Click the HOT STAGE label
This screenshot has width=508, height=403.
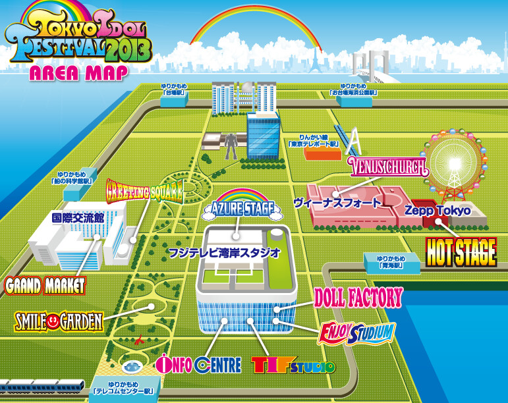[461, 252]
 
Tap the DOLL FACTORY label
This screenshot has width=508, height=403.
[357, 298]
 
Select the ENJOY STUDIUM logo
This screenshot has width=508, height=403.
[356, 332]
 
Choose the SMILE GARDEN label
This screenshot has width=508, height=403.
[59, 321]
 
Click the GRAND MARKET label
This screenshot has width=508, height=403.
[45, 286]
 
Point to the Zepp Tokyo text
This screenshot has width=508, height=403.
[437, 211]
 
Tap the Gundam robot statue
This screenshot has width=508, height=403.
[230, 146]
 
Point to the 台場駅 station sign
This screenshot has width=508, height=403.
[175, 90]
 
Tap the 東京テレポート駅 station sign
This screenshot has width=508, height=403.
[313, 140]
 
